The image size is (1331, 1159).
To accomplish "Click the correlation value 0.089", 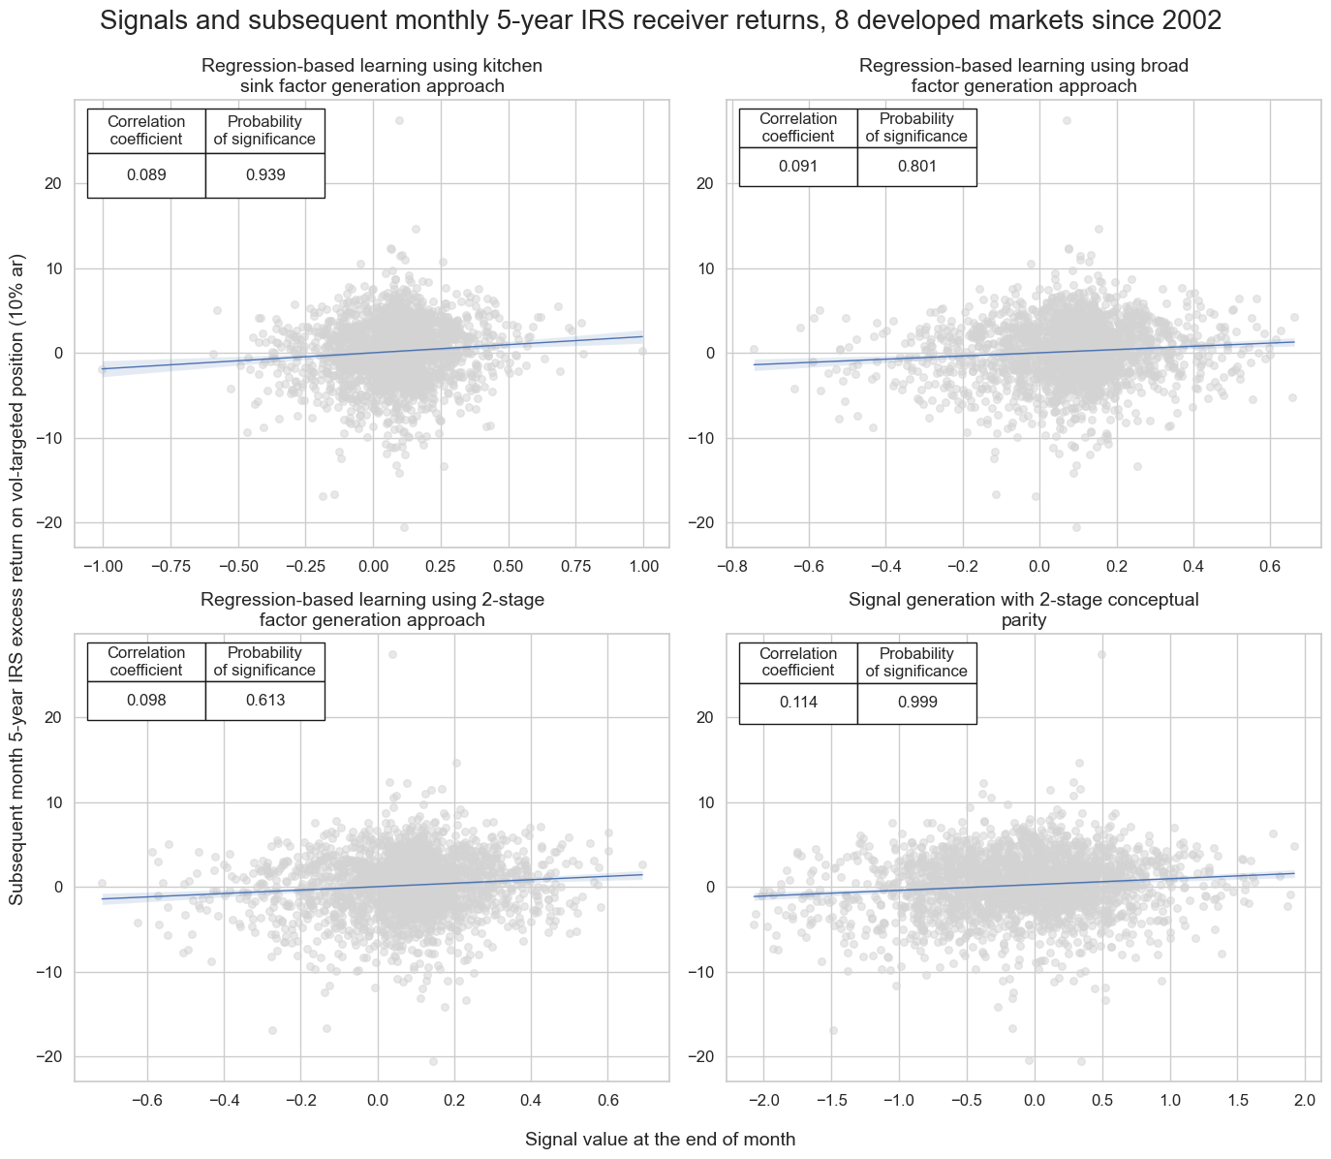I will tap(146, 175).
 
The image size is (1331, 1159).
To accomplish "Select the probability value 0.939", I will tap(264, 175).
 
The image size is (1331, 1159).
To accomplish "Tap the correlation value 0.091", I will tap(798, 167).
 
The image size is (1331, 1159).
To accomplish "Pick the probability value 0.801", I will tap(916, 167).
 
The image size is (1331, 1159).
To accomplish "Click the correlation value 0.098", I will tap(146, 701).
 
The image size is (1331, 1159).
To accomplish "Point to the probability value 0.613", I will tap(264, 701).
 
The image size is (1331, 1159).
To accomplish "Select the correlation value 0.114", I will tap(798, 703).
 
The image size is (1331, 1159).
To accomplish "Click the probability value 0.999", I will tap(916, 703).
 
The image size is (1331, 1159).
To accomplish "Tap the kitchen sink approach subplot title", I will tap(372, 76).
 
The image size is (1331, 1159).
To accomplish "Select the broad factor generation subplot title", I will tap(1024, 76).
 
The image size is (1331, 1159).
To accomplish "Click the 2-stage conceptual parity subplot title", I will tap(1024, 610).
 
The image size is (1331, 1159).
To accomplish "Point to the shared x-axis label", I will tap(661, 1140).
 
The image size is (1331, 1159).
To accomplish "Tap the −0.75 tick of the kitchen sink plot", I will tap(170, 566).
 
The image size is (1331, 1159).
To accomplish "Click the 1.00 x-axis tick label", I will tap(643, 566).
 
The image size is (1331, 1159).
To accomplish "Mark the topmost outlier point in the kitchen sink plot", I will tap(399, 121).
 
